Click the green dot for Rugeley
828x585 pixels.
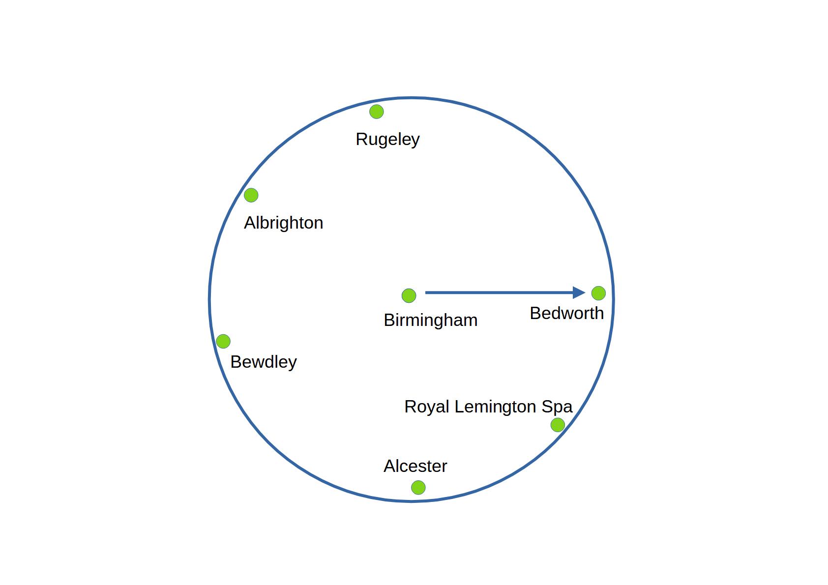coord(376,112)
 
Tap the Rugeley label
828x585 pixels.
coord(387,139)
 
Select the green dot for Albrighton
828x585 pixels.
coord(251,195)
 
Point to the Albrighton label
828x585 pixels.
coord(283,223)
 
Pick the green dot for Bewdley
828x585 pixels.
coord(223,341)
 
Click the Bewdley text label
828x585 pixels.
coord(264,362)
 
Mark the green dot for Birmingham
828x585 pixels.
coord(409,295)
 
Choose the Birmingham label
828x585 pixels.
coord(430,320)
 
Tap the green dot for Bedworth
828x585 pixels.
coord(598,293)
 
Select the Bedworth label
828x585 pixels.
coord(566,313)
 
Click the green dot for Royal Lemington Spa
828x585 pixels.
coord(558,425)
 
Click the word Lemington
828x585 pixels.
coord(496,407)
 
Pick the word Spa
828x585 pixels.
coord(557,407)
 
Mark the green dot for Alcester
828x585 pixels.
coord(418,488)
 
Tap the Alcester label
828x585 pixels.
coord(415,466)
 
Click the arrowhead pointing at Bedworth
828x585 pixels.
coord(579,293)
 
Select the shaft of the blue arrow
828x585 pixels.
coord(497,293)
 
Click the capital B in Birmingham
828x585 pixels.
coord(389,320)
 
